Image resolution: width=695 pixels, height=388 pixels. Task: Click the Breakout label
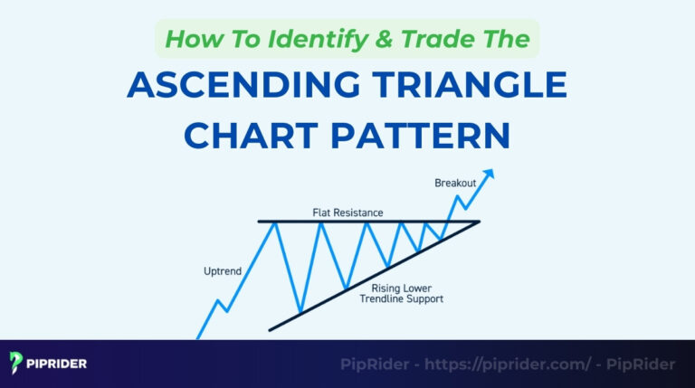pos(454,183)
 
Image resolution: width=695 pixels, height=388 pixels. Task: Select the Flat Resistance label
pos(349,213)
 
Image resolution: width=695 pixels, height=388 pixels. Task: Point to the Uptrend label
pos(224,270)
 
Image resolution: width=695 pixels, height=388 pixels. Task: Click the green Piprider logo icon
pos(17,364)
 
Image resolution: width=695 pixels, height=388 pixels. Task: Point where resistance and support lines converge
pos(478,222)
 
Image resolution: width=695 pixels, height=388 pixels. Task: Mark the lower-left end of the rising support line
pos(271,329)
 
